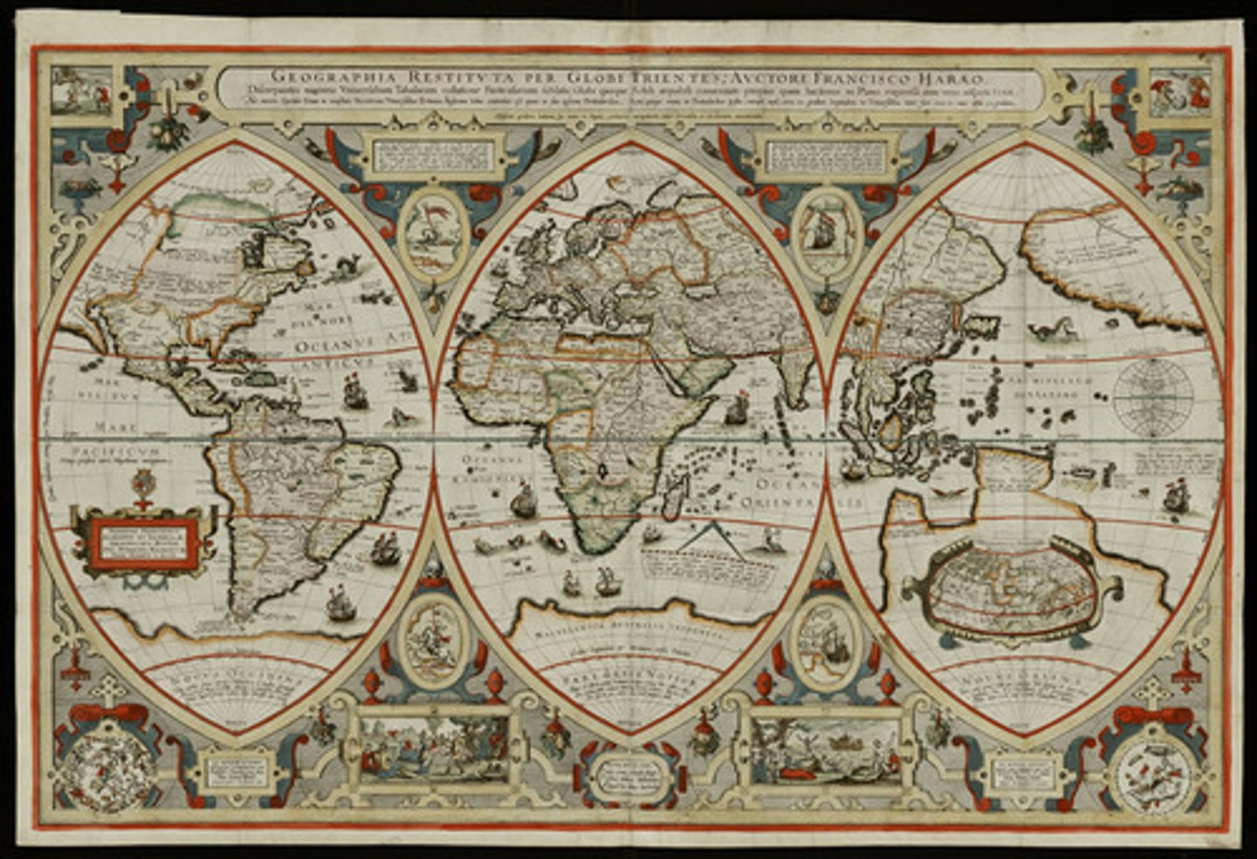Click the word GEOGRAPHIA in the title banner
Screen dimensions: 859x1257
click(318, 75)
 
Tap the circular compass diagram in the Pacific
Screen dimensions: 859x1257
click(1157, 394)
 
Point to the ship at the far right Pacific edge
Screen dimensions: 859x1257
click(1176, 498)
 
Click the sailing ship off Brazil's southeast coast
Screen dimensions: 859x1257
click(384, 548)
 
